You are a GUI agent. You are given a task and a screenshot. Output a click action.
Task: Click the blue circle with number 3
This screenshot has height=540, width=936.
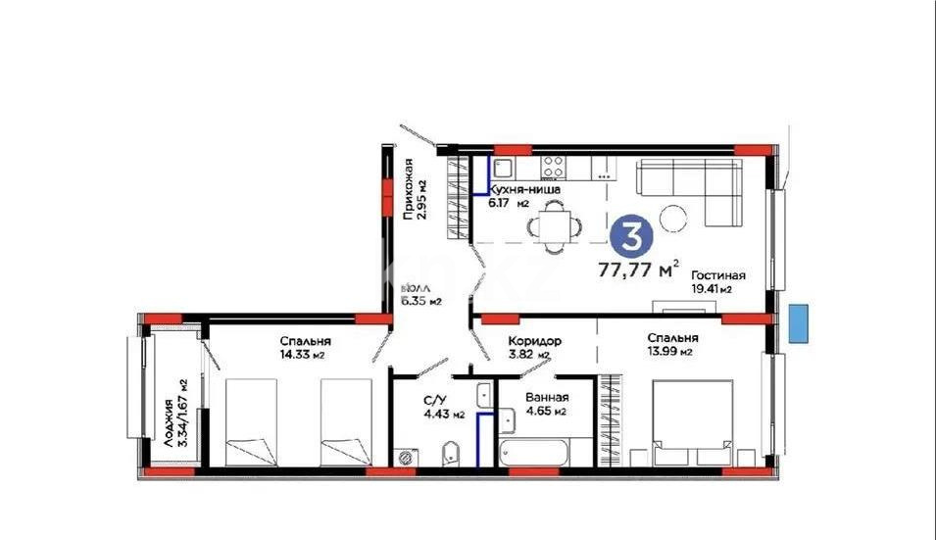pos(632,236)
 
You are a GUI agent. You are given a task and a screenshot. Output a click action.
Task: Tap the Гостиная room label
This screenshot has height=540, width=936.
pos(717,275)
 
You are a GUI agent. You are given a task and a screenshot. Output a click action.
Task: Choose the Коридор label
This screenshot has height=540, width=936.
pos(534,341)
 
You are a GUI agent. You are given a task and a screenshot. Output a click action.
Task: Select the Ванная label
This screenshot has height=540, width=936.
pos(545,398)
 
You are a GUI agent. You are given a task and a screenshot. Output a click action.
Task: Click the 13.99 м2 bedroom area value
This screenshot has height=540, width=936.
pos(670,352)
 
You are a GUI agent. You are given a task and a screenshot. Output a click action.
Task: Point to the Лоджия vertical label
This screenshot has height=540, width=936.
pos(169,422)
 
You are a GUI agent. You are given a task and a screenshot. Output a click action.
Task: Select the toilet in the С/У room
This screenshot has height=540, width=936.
pos(451,453)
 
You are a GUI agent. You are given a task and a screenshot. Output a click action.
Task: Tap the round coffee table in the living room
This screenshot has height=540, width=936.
pos(673,218)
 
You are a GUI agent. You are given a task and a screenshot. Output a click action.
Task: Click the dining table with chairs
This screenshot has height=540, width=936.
pos(555,226)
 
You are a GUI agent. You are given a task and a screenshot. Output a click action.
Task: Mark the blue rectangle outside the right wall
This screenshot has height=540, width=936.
pos(799,320)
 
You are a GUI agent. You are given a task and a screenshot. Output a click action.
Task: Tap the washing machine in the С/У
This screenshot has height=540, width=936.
pos(406,457)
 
